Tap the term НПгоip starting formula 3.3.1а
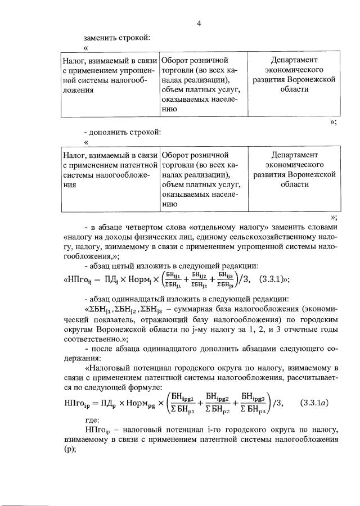(x=75, y=402)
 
